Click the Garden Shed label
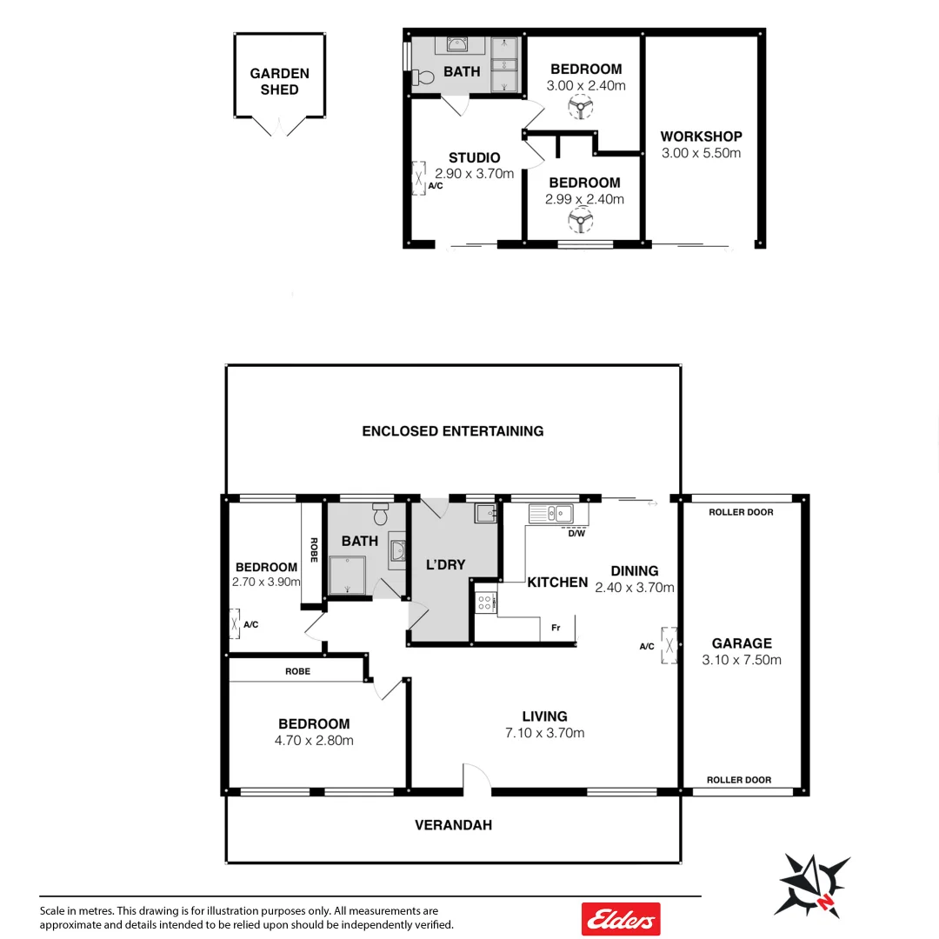(279, 82)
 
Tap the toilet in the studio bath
(423, 77)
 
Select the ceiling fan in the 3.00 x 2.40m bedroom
(580, 108)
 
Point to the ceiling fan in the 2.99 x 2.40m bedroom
(580, 220)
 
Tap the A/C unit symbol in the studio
(418, 178)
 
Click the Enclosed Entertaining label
(452, 430)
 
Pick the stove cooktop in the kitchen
(484, 600)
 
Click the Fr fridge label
(555, 627)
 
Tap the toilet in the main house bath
(380, 515)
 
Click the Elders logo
(620, 918)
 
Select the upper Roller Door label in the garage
(741, 512)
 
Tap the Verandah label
(453, 824)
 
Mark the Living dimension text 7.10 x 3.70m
(544, 733)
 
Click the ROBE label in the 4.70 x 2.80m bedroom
(297, 671)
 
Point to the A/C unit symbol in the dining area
(669, 645)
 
